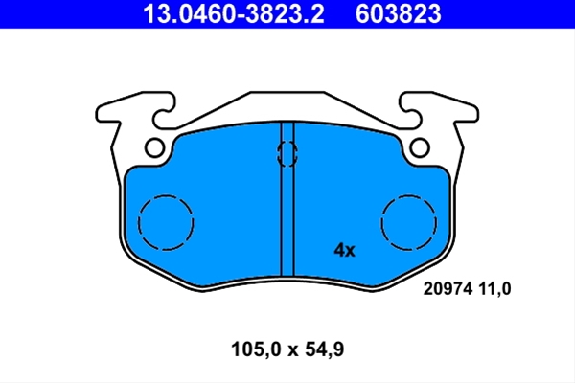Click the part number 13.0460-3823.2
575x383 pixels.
click(234, 14)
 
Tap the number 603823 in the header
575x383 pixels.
click(398, 14)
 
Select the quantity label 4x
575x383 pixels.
click(344, 250)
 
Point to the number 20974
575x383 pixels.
click(448, 289)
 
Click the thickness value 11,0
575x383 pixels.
click(494, 289)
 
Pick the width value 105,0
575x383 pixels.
click(256, 349)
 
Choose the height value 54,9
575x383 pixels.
click(325, 349)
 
